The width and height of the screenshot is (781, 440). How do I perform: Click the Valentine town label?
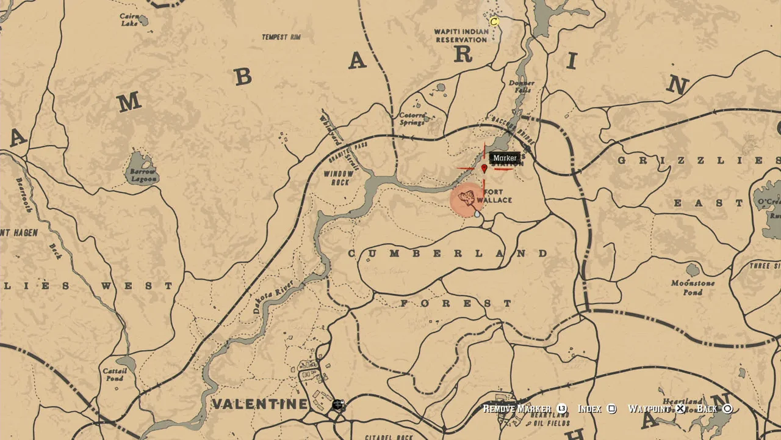(260, 404)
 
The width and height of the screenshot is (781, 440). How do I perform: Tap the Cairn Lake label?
(129, 20)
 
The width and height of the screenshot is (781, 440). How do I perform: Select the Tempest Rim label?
(281, 37)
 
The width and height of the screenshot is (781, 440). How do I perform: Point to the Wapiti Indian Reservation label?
(461, 35)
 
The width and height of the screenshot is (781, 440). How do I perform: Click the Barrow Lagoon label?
(143, 175)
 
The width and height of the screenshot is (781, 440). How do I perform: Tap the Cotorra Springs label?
(412, 119)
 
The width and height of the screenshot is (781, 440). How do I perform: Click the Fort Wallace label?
(495, 196)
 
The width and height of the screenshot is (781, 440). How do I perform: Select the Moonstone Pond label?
(693, 288)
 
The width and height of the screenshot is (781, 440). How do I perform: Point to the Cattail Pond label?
(114, 375)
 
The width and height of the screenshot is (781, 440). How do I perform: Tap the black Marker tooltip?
(505, 158)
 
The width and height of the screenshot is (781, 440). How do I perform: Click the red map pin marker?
(484, 168)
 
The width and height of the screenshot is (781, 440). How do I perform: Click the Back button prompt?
(714, 409)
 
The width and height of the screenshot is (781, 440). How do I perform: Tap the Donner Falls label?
(521, 86)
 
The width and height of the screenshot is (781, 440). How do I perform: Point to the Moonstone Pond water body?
(693, 269)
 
